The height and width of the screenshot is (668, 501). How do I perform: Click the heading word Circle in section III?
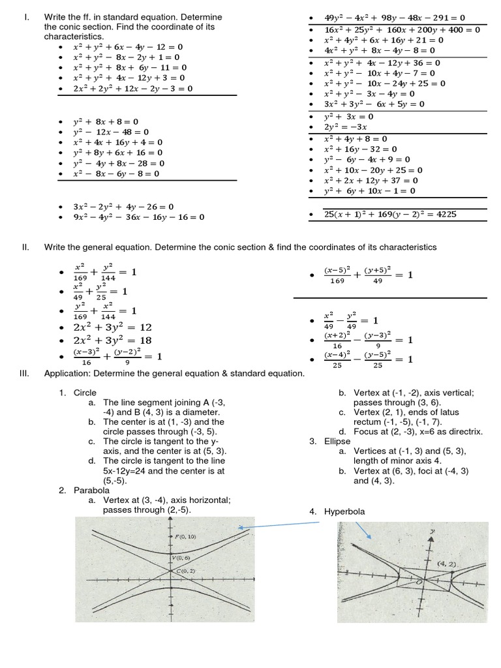coord(85,393)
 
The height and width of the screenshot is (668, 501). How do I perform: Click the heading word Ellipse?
coord(337,442)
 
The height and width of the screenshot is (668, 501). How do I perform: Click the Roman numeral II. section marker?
coord(26,247)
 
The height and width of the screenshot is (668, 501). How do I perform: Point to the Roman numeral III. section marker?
coord(27,374)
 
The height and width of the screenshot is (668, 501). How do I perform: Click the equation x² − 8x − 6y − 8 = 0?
coord(116,174)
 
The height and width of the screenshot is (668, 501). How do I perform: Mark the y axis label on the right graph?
coord(432,532)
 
